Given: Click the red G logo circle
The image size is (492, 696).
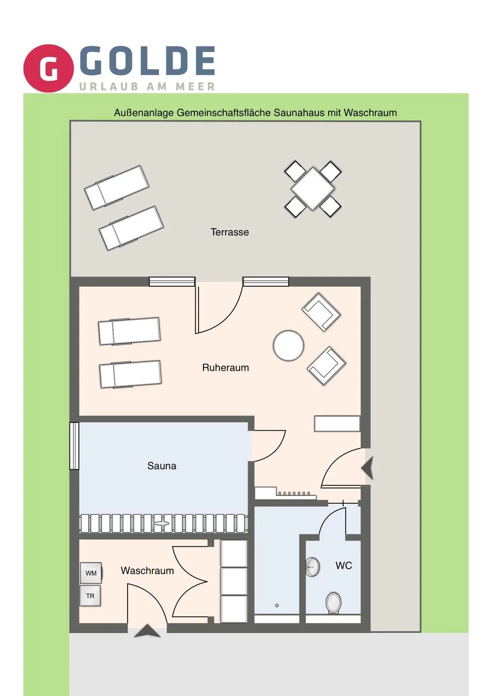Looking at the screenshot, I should pos(48,68).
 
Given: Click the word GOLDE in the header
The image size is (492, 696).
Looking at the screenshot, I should pos(147,61).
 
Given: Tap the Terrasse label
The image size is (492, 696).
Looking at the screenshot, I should pos(230,232).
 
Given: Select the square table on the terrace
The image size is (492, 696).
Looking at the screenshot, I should pos(313,189).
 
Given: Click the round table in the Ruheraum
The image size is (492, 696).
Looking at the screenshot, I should pos(289,346).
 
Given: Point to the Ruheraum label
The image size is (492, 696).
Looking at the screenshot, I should pos(225,367).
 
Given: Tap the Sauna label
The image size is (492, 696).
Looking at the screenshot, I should pos(161,466).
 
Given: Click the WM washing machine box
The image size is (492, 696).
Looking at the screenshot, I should pos(91,573).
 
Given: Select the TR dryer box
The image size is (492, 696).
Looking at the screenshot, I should pos(90,596).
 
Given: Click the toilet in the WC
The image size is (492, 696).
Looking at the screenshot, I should pos(333,603).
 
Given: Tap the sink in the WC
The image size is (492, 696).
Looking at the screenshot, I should pos(313,567).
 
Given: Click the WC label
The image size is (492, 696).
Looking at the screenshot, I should pos(344,565).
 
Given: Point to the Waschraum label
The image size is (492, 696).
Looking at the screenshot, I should pos(147,571).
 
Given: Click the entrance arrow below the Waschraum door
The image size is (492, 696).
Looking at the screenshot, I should pos(147,631).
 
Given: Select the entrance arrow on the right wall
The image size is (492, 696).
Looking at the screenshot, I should pos(368,468).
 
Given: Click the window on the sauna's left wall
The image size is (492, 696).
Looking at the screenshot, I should pos(74,446).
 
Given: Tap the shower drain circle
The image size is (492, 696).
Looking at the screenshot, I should pos(277,605).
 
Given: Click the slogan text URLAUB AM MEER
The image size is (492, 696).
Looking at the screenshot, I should pos(147,87).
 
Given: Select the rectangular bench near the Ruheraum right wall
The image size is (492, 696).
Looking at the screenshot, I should pos(337,423).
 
